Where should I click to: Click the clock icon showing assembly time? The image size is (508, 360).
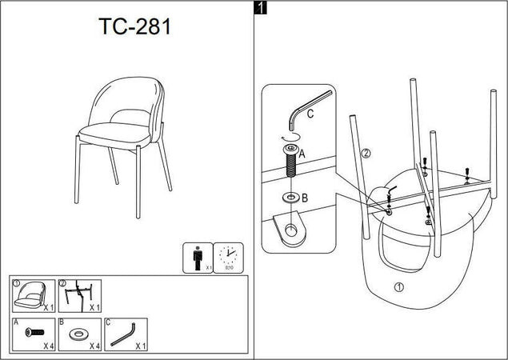coord(229,256)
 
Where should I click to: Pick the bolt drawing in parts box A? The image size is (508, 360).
coord(34,331)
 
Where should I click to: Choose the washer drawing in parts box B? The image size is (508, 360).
coord(79,332)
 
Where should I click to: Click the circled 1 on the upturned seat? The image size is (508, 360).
coord(398,286)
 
